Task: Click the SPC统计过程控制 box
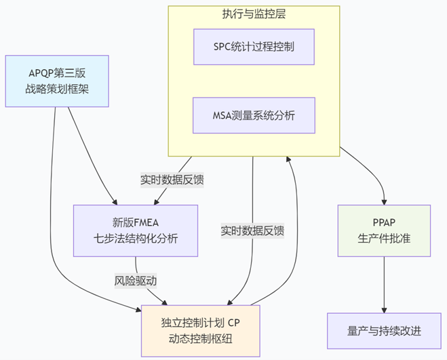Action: (254, 46)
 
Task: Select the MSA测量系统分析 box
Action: (254, 115)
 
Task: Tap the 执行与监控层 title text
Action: (254, 14)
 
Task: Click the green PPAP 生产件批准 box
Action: (385, 230)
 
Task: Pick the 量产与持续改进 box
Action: (385, 331)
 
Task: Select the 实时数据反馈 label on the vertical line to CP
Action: (252, 231)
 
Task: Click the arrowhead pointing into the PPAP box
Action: (385, 201)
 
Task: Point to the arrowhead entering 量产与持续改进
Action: (385, 308)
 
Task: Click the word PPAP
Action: (385, 222)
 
